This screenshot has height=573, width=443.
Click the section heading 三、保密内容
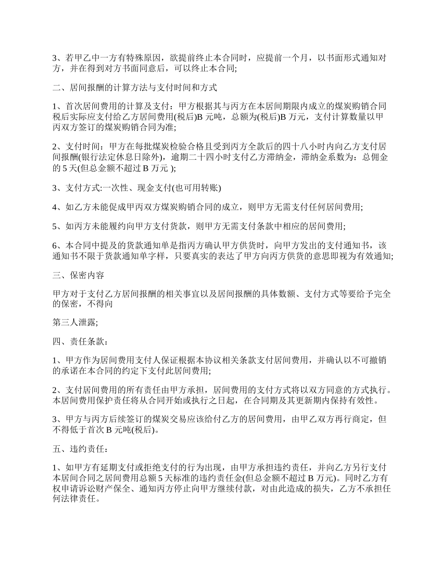(x=78, y=275)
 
